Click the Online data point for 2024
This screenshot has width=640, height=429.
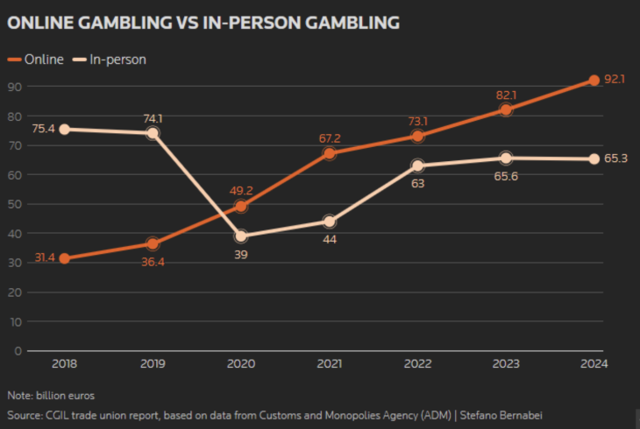[x=594, y=80]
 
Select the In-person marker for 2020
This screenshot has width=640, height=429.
[x=241, y=236]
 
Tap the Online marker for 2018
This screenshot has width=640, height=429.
[x=64, y=258]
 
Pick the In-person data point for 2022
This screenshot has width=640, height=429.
[x=417, y=165]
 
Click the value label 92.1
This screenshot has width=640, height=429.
[x=615, y=79]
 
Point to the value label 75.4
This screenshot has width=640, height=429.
[x=42, y=129]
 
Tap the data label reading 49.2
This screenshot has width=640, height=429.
[x=239, y=189]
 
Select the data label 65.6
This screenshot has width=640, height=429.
[x=506, y=177]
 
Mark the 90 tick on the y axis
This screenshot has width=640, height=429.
[x=15, y=87]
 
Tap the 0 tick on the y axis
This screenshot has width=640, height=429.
[x=18, y=351]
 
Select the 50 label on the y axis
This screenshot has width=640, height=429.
[x=15, y=204]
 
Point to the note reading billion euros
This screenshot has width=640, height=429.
[x=50, y=396]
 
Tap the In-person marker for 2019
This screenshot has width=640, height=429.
[x=153, y=133]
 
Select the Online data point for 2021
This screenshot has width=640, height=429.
[x=329, y=153]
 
